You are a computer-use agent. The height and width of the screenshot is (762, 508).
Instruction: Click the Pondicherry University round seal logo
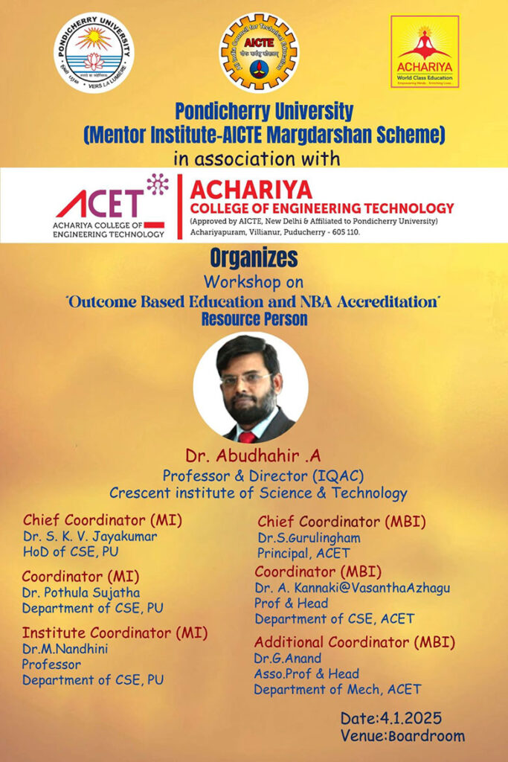click(94, 52)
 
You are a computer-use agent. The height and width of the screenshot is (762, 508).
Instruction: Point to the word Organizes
click(254, 258)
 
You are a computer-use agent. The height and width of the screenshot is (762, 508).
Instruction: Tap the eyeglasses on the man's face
click(245, 379)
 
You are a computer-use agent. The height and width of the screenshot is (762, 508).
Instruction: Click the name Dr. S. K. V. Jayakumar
click(90, 535)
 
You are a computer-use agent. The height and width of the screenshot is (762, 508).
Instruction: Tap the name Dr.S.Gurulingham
click(308, 537)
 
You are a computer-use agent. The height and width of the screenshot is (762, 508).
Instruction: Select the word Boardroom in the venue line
click(431, 736)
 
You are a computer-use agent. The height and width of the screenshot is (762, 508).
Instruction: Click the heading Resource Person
click(254, 318)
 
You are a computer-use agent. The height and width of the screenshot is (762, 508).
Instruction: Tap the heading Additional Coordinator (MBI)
click(354, 641)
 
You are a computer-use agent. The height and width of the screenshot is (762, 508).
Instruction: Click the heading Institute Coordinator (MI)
click(115, 633)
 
